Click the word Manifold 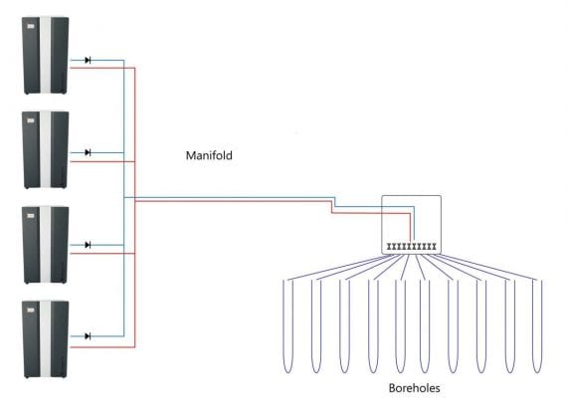(209, 155)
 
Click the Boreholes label (414, 388)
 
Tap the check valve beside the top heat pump (88, 60)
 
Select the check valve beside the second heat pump (88, 152)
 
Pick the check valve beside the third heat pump (88, 245)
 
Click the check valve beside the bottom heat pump (88, 336)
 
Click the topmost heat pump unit (46, 56)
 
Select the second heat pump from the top (46, 150)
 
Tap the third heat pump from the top (46, 245)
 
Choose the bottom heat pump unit (46, 339)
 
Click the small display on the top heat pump (31, 26)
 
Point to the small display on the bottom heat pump (31, 311)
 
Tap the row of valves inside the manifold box (412, 247)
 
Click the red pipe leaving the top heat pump (102, 68)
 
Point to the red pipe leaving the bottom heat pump (102, 347)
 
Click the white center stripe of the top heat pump (45, 55)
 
